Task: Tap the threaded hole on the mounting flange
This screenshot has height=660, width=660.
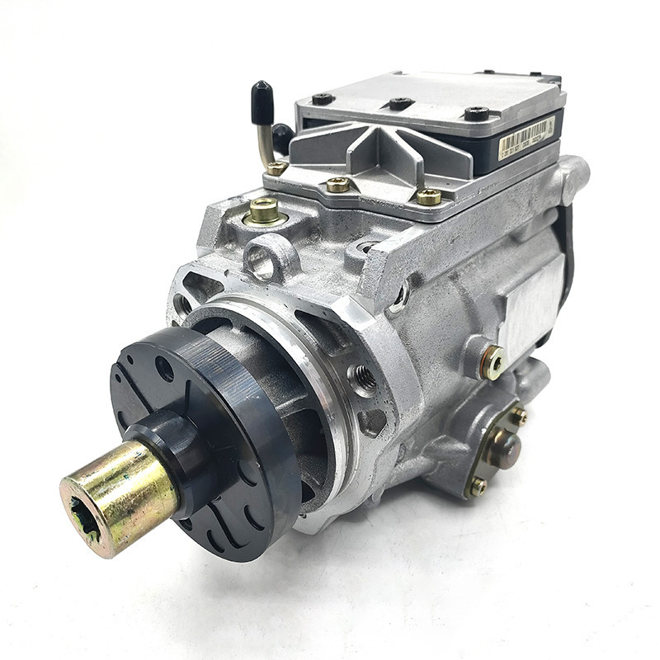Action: click(x=363, y=378)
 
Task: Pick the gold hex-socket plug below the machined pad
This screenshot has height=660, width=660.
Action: click(x=494, y=361)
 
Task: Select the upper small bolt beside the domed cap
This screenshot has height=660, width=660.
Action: click(x=518, y=417)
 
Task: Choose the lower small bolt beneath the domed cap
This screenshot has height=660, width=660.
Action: click(x=478, y=487)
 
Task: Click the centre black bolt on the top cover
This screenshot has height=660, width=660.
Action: click(x=401, y=103)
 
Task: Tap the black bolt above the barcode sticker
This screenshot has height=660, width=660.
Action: click(x=477, y=113)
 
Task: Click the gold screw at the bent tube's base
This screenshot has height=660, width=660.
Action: click(x=276, y=167)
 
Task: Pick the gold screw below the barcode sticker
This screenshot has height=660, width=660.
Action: click(x=428, y=196)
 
